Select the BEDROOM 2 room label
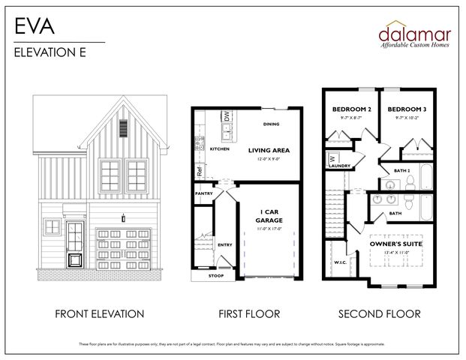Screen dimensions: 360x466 pyautogui.click(x=352, y=109)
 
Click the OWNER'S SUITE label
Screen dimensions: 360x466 pyautogui.click(x=396, y=244)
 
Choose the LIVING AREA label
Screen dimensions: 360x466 pyautogui.click(x=269, y=150)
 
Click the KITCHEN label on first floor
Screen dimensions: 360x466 pyautogui.click(x=220, y=149)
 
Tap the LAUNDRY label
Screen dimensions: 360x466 pyautogui.click(x=339, y=166)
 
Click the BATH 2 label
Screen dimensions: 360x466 pyautogui.click(x=403, y=170)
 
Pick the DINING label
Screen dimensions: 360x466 pyautogui.click(x=272, y=124)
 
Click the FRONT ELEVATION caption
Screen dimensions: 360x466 pyautogui.click(x=99, y=313)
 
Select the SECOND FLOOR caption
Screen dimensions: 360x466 pyautogui.click(x=379, y=313)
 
